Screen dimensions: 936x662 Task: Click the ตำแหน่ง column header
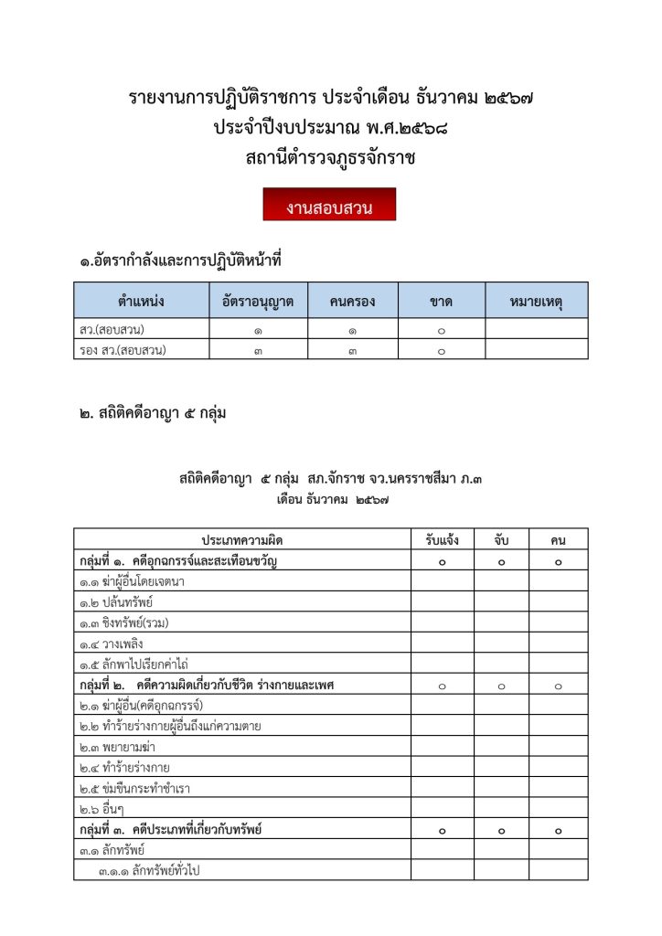tap(142, 301)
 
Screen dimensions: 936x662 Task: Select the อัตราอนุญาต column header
tap(257, 301)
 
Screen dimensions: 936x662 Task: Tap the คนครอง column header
tap(352, 301)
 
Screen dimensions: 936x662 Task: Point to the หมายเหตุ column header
tap(536, 301)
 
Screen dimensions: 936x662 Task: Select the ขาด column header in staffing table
tap(441, 301)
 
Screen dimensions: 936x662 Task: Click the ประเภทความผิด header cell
tap(241, 540)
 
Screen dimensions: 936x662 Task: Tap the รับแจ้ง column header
tap(442, 540)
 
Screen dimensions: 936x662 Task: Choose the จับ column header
tap(502, 540)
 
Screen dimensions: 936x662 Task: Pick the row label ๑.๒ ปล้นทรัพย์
tap(115, 601)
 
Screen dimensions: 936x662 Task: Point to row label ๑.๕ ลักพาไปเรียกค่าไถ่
tap(133, 665)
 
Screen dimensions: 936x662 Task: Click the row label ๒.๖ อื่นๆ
tap(100, 809)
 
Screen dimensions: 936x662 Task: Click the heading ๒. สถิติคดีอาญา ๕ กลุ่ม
tap(153, 414)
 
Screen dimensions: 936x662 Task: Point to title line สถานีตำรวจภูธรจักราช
tap(330, 158)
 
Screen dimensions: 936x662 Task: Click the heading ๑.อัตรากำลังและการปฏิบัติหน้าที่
tap(179, 262)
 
